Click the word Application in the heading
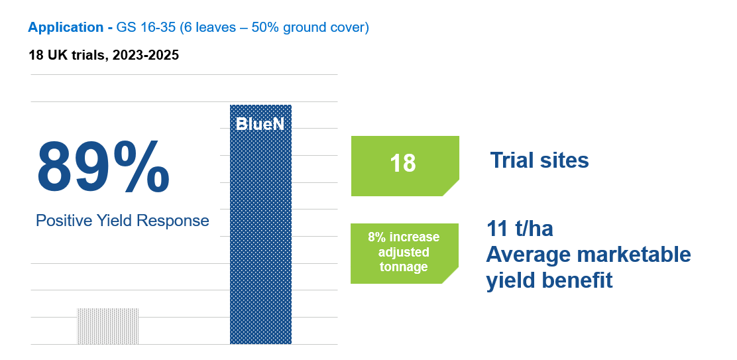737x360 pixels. (x=65, y=28)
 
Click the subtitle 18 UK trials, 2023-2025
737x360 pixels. (x=103, y=55)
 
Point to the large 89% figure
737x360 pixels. (x=103, y=166)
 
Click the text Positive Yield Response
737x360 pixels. (x=122, y=221)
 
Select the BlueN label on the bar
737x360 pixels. (x=260, y=123)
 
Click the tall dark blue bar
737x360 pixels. (x=260, y=232)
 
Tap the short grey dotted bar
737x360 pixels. (x=108, y=326)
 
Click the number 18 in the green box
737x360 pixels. (x=403, y=163)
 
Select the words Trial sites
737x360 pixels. (x=539, y=160)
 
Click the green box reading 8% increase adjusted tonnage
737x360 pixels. (x=404, y=253)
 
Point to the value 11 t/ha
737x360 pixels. (x=520, y=229)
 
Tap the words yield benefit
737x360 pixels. (x=549, y=280)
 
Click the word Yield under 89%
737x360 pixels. (x=117, y=221)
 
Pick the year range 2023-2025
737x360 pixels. (x=146, y=55)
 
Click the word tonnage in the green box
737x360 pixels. (x=403, y=267)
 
